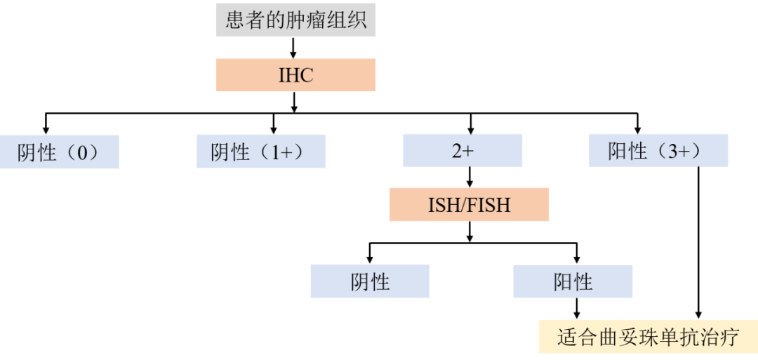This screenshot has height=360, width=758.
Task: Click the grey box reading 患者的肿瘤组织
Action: coord(295,20)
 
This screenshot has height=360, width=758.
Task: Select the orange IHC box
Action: coord(295,75)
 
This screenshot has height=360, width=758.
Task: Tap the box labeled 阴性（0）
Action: coord(59,152)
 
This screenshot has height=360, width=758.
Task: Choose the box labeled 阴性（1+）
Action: coord(261,152)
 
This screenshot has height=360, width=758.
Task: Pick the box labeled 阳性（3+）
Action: coord(658,151)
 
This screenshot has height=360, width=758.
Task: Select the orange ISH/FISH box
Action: coord(469,206)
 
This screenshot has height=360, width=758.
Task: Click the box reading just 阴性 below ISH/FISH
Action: coord(370,281)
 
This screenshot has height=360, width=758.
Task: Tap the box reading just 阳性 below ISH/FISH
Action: coord(573,281)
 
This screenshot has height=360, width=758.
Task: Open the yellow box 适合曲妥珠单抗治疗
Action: coord(648,337)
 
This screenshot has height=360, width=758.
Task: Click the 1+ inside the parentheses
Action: coord(281,152)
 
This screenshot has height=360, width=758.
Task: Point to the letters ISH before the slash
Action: coord(443,206)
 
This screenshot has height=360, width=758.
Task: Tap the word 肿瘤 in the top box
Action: coord(305,20)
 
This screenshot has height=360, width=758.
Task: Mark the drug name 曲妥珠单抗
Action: coord(648,337)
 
